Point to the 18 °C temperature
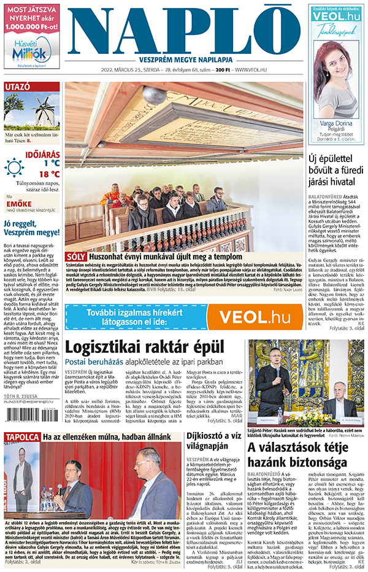49,174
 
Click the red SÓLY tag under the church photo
75,256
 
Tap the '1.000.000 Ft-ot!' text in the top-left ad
32,28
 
